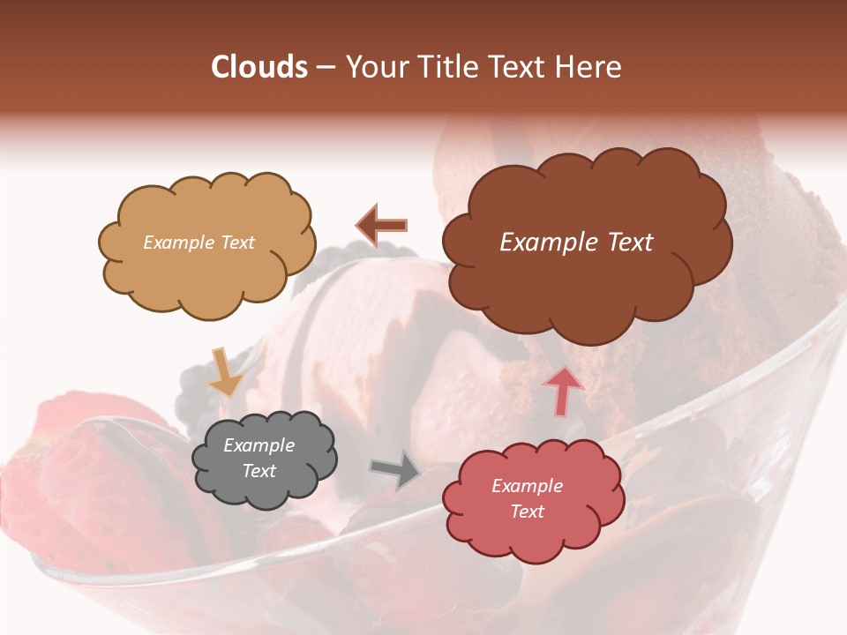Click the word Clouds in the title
click(259, 67)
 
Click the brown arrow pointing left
click(381, 226)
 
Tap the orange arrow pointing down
click(226, 371)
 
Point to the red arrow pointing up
click(562, 391)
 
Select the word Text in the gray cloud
click(259, 471)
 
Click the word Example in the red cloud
click(527, 486)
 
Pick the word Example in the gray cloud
click(259, 445)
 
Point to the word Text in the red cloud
click(527, 512)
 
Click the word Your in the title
click(372, 67)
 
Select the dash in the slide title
click(326, 68)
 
